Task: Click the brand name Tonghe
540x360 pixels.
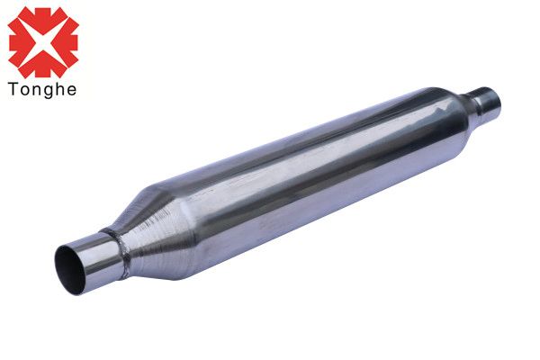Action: point(42,90)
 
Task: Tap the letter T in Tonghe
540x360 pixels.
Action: point(13,88)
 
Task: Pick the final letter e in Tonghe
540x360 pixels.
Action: point(71,90)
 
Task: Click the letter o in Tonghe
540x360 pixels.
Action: point(23,90)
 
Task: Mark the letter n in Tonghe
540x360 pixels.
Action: point(35,90)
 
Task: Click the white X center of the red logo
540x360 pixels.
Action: point(43,43)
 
